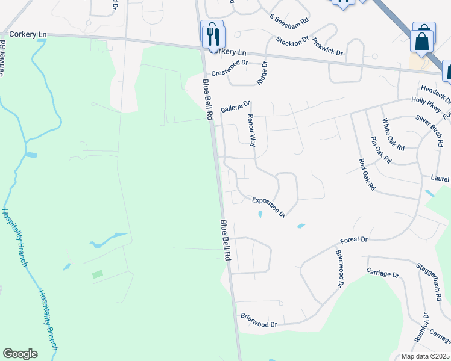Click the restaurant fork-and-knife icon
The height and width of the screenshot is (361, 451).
pyautogui.click(x=212, y=36)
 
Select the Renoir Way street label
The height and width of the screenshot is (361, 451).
pyautogui.click(x=252, y=131)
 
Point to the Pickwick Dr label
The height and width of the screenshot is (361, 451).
pyautogui.click(x=328, y=49)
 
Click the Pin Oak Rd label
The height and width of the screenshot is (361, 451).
pyautogui.click(x=380, y=150)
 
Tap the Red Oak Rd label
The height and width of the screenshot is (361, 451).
pyautogui.click(x=367, y=174)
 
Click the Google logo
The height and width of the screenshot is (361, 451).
pyautogui.click(x=20, y=353)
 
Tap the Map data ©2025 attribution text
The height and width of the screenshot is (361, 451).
pyautogui.click(x=425, y=356)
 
